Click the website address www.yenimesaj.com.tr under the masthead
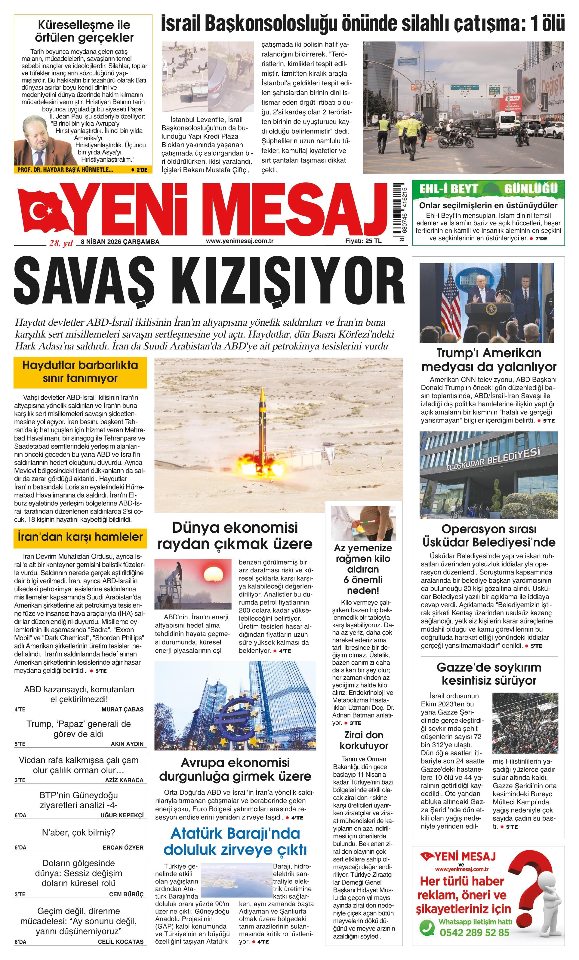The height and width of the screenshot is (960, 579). pos(239,241)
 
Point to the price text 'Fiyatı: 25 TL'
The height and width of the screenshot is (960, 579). pos(363,241)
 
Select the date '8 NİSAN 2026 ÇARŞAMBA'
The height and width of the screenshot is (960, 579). pos(120,242)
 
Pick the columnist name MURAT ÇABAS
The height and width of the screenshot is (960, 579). pos(122,709)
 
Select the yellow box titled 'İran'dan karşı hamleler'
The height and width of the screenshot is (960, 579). pos(80,537)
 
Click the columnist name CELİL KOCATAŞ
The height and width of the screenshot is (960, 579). pos(121,950)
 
